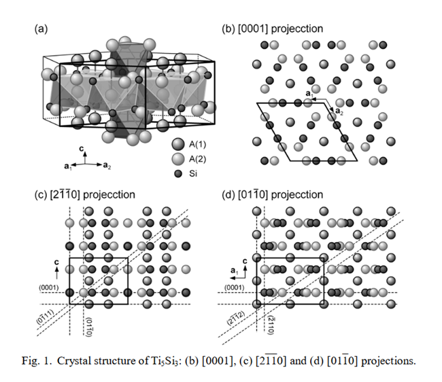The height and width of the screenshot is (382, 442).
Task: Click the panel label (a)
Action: [x=41, y=29]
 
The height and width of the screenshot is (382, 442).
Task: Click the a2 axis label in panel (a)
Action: [x=108, y=165]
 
